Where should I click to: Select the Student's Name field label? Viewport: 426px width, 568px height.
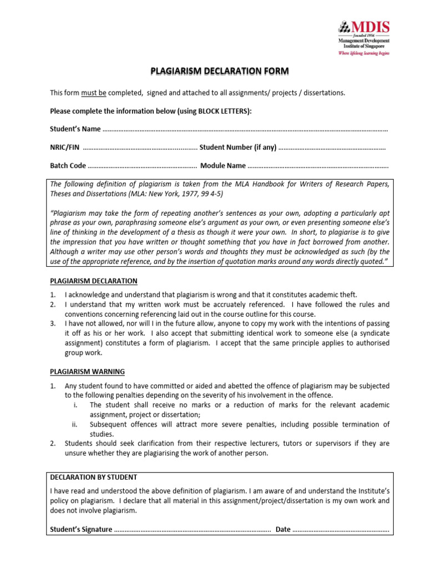point(75,129)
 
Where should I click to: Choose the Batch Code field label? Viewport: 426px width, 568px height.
point(68,165)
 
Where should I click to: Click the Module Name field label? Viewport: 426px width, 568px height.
point(222,165)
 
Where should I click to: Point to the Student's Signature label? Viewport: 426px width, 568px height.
point(81,529)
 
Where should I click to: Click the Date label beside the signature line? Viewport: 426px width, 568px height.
point(283,529)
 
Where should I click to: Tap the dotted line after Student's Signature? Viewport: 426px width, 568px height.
point(192,530)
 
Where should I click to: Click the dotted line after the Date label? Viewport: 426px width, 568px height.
point(341,530)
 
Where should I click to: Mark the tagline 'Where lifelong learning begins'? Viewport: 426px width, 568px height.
point(364,53)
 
